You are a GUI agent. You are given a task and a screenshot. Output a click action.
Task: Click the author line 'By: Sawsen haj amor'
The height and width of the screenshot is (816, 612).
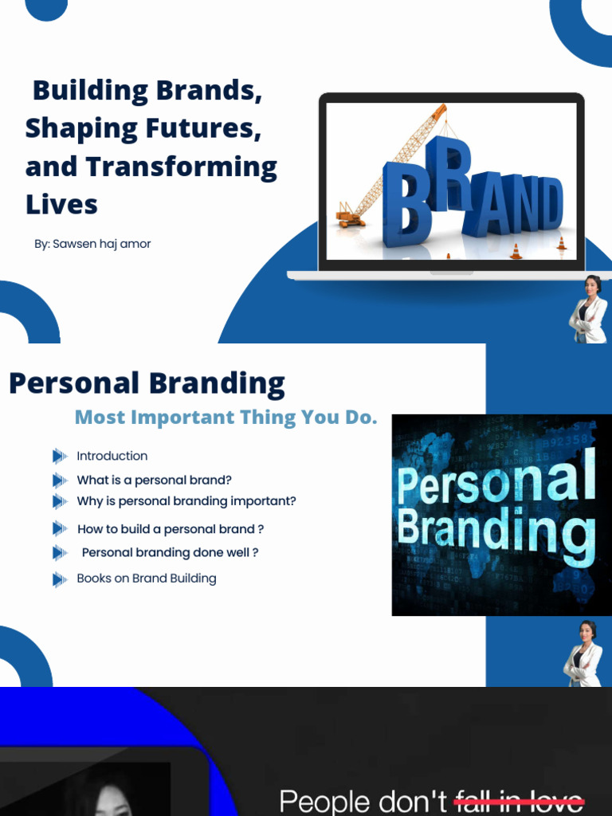click(92, 244)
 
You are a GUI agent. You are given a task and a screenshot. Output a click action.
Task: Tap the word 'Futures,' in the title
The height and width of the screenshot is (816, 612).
click(212, 129)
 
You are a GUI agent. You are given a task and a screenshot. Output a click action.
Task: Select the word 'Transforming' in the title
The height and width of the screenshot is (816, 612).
click(182, 167)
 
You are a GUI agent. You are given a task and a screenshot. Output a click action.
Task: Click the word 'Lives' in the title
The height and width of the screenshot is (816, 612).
click(61, 205)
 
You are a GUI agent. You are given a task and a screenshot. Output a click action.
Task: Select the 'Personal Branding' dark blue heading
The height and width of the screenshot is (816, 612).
click(147, 383)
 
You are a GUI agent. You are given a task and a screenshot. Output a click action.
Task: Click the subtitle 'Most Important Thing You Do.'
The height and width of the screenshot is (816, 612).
click(226, 418)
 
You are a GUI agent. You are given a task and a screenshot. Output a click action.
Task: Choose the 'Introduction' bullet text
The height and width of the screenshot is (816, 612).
click(112, 457)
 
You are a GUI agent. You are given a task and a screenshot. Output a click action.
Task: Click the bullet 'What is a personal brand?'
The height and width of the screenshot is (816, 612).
click(154, 481)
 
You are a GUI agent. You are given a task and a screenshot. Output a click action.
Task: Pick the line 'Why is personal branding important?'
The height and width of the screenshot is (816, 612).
click(186, 501)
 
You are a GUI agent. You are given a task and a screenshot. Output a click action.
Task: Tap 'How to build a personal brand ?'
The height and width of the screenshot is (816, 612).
click(170, 529)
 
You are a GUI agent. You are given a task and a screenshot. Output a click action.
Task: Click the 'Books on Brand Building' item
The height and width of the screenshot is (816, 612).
click(146, 579)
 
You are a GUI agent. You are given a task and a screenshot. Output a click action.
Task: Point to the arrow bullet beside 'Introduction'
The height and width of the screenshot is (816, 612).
click(59, 457)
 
